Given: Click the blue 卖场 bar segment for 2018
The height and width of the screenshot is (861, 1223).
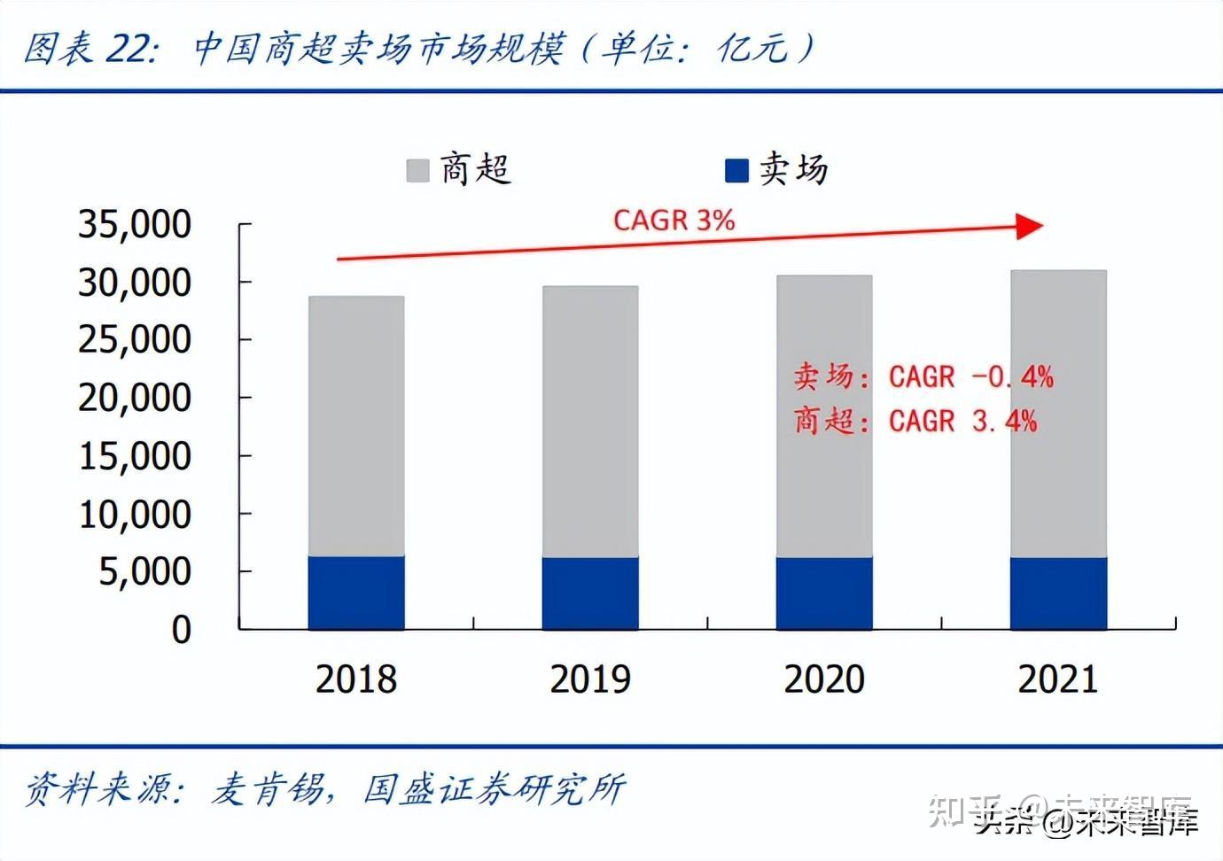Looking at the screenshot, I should [356, 593].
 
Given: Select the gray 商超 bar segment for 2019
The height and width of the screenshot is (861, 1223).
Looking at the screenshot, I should [590, 421].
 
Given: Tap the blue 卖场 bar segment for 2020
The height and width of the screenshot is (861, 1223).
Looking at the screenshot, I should [824, 593].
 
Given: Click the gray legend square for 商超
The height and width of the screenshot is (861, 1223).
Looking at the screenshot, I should [417, 170].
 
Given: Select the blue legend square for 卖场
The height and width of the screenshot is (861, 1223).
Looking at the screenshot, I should [736, 170].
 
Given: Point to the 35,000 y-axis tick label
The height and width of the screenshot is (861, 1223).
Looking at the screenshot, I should [135, 224].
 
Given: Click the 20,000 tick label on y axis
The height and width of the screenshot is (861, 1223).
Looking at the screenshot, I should [135, 398].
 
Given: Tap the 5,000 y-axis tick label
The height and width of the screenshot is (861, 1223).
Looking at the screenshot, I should [144, 571].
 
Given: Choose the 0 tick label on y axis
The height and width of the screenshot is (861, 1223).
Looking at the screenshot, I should [181, 629].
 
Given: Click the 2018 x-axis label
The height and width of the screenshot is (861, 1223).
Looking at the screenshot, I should [356, 679].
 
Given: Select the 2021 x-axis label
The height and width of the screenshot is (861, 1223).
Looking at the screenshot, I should [1058, 679].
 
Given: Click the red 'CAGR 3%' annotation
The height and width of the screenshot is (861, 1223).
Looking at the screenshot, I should [674, 220].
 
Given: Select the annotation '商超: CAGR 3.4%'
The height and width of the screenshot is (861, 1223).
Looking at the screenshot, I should [915, 420].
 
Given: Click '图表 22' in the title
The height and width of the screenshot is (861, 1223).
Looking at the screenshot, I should [89, 49].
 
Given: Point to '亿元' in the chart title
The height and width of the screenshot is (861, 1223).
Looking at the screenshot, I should [752, 49].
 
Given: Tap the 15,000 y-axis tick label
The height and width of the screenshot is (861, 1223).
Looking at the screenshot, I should [135, 455].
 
